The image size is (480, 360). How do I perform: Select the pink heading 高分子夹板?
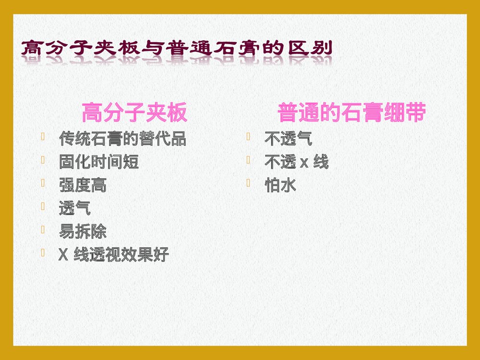pos(134,114)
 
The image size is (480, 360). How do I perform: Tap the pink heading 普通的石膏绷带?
pos(351,114)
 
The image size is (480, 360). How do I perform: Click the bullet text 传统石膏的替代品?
pos(122,139)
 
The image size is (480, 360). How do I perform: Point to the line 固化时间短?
pos(98,162)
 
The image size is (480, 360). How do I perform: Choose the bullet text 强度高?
pos(83,185)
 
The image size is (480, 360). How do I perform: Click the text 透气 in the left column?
pos(74,208)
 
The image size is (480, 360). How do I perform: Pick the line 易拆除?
pos(83,232)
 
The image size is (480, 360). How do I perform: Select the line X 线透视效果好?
pos(114,255)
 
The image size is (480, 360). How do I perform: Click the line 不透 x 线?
pos(296,163)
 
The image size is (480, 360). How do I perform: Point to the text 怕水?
pos(280,185)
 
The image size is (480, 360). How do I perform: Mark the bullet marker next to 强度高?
pos(44,183)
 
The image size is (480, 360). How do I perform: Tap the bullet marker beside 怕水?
pos(249,183)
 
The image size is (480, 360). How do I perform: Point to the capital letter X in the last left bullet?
pos(62,255)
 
